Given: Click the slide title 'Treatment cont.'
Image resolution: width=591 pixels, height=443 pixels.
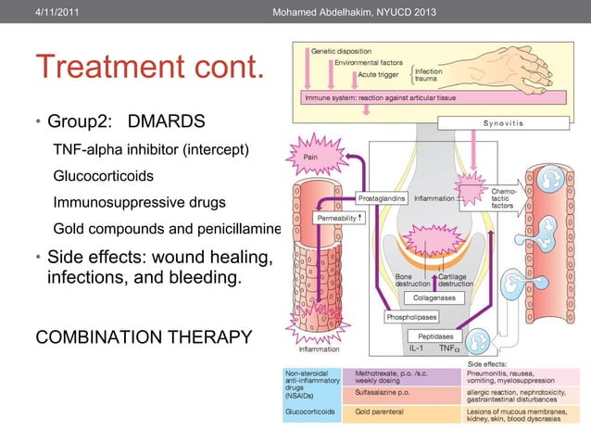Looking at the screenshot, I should coord(149,68).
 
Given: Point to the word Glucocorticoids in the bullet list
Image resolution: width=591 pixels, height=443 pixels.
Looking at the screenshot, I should coord(104,175).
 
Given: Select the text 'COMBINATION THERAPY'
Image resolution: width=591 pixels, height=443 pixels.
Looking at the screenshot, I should coord(143,335).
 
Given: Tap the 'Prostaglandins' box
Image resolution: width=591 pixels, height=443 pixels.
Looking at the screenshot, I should coord(383,197).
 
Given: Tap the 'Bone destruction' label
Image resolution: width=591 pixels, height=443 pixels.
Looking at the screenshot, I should coord(405,279).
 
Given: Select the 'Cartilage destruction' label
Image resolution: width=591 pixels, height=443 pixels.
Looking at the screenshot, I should coord(456,279).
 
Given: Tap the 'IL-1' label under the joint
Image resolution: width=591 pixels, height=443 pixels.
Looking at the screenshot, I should coord(416,349).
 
